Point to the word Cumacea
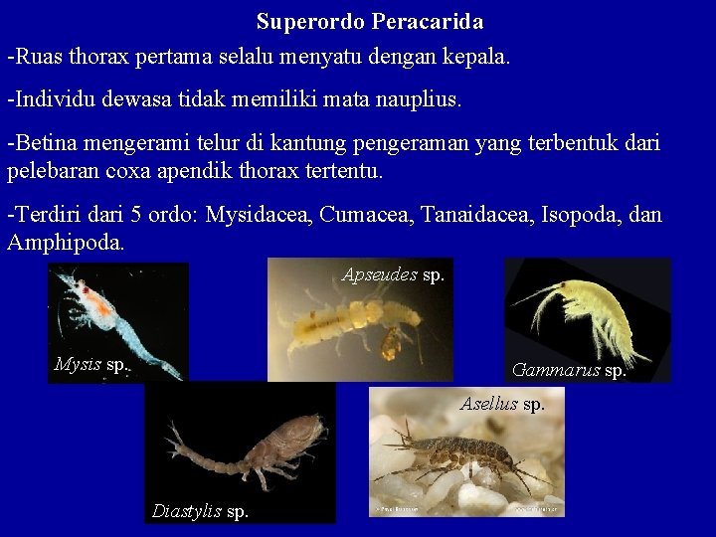coord(364,215)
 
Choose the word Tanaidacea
coord(477,215)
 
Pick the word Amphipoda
coord(66,242)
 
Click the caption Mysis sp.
coord(90,364)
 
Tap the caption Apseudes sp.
coord(393,274)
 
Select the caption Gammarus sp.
coord(568,370)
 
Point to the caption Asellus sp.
coord(502,404)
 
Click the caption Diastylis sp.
coord(200,511)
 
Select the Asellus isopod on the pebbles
coord(462,453)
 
